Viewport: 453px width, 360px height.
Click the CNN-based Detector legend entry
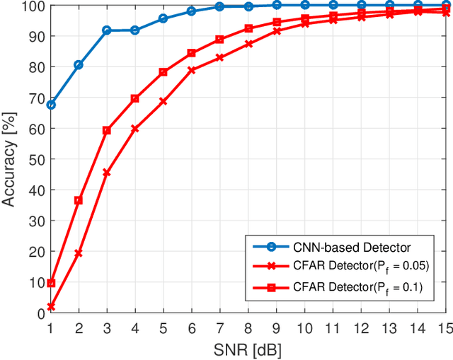[340, 247]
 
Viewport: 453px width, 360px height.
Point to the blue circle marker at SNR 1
[50, 105]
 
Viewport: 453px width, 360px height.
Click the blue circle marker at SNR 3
[107, 30]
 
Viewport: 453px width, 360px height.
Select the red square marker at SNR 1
[50, 283]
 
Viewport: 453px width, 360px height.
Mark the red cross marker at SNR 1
[50, 306]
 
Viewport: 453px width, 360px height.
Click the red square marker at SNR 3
[107, 130]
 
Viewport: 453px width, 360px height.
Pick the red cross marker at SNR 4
[134, 129]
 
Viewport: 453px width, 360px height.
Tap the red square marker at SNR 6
[191, 53]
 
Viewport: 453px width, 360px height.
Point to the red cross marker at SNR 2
[79, 253]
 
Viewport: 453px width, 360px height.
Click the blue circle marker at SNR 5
[163, 18]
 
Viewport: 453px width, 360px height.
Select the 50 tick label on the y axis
[35, 159]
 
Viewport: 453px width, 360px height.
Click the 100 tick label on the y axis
[32, 6]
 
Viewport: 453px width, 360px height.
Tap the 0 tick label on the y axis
[38, 313]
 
